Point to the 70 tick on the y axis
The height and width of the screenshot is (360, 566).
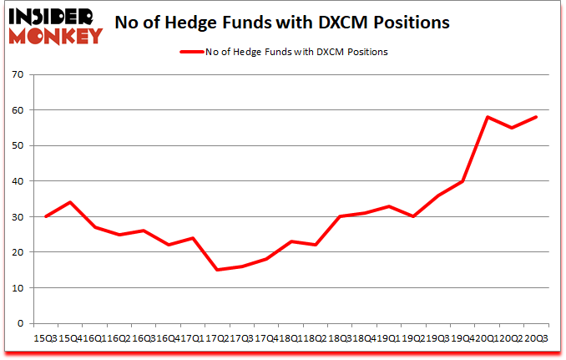[x=18, y=75]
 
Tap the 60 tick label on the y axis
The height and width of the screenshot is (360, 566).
[x=18, y=110]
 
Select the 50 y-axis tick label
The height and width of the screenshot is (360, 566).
[x=18, y=146]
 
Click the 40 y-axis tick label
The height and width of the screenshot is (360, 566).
[x=18, y=181]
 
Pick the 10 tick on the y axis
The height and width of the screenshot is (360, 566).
[x=18, y=288]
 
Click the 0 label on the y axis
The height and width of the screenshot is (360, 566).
[x=21, y=323]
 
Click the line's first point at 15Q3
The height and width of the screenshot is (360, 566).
[x=45, y=216]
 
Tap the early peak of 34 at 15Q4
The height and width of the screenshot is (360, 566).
[x=70, y=202]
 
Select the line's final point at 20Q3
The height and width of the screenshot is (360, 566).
[x=537, y=117]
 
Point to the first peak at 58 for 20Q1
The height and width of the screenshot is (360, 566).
[x=487, y=117]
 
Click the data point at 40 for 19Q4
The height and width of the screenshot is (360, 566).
[x=462, y=181]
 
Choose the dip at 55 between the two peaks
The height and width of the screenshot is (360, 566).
[x=512, y=128]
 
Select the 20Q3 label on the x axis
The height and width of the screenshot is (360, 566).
[x=536, y=338]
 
